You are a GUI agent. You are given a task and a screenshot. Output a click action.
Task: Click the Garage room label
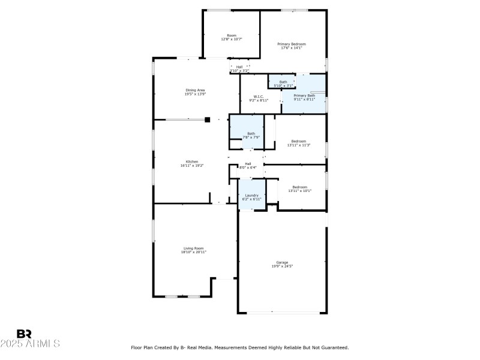[x=282, y=262]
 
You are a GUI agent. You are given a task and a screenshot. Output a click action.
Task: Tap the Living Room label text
[x=193, y=248]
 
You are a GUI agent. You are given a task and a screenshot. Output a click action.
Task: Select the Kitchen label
[x=191, y=161]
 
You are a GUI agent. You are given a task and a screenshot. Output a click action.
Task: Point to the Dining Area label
[x=195, y=90]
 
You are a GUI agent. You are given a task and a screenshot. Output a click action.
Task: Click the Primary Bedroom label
[x=292, y=44]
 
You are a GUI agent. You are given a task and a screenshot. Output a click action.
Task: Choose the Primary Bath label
[x=304, y=95]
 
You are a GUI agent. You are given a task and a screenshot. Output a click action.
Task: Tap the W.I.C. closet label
[x=259, y=96]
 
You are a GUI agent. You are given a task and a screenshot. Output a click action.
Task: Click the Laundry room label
[x=251, y=195]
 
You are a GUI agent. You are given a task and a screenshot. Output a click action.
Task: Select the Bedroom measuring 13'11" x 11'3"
[x=299, y=141]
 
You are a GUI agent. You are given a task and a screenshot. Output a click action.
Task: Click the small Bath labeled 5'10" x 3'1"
[x=283, y=82]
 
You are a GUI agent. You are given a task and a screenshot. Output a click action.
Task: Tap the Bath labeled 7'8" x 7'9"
[x=251, y=134]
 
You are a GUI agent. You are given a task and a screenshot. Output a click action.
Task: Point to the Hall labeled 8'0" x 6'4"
[x=248, y=164]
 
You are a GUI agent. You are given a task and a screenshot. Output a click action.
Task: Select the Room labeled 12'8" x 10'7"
[x=231, y=35]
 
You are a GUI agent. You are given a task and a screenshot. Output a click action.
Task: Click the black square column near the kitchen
[x=208, y=119]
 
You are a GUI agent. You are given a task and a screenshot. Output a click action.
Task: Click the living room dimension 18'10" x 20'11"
[x=193, y=252]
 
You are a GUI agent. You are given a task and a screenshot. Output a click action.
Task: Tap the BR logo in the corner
[x=24, y=334]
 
